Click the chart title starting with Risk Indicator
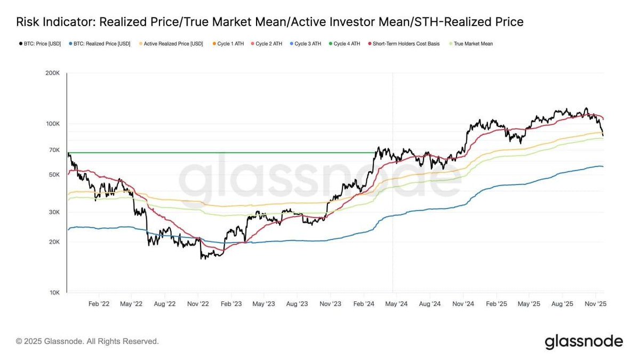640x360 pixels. click(x=269, y=22)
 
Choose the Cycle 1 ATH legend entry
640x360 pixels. click(x=230, y=44)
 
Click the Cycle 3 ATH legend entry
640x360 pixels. click(x=307, y=44)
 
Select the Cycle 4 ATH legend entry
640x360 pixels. click(x=346, y=44)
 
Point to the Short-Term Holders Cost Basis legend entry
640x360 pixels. click(x=406, y=44)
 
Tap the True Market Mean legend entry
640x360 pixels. click(x=473, y=44)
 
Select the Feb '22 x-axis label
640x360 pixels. click(x=99, y=303)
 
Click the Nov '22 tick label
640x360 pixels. click(x=198, y=303)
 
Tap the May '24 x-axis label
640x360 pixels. click(x=396, y=303)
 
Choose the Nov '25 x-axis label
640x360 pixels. click(x=595, y=303)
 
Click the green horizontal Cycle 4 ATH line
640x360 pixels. click(x=213, y=153)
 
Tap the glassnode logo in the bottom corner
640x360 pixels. click(x=583, y=341)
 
